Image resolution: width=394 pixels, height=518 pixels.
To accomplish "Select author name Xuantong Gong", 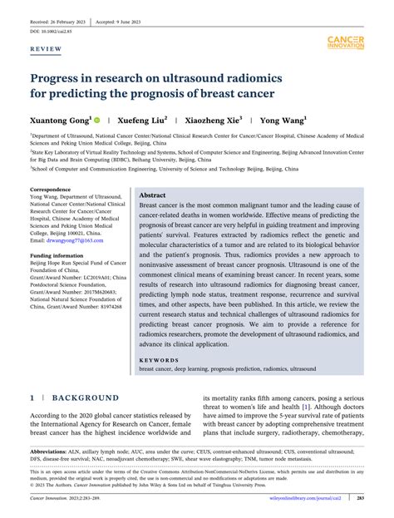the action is click(61, 120).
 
